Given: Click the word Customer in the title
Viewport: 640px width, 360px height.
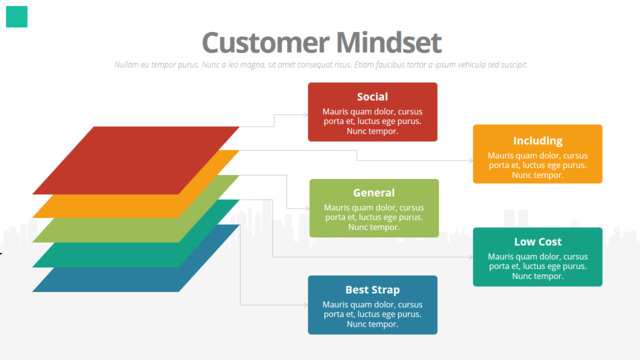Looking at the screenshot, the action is pos(266,42).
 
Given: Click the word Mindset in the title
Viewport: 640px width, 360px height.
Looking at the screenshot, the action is pos(389,42).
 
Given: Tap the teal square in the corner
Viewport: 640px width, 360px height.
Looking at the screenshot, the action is pos(17,17).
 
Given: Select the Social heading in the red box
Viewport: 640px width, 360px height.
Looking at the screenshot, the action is pos(372,97).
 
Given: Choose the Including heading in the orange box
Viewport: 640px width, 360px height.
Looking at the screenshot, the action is pos(538,141).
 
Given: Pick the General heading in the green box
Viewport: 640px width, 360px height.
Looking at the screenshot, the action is pos(374,193).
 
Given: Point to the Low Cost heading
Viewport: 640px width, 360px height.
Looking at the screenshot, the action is pos(538,242).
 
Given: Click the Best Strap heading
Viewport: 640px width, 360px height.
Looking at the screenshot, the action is pos(372,290).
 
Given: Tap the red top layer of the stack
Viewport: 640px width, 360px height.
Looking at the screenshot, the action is pos(136,160).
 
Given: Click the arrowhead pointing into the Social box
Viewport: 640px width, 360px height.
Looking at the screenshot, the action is pos(305,115).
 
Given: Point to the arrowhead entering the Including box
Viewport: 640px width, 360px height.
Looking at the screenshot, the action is pos(470,160).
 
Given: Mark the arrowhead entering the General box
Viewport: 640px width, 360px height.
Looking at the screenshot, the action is pos(307,209).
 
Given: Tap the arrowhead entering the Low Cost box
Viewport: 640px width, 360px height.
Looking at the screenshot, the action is pos(470,257).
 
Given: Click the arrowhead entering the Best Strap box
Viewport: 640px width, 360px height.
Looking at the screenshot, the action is pos(305,305).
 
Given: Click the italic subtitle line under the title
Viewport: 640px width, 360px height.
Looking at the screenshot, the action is pos(321,65).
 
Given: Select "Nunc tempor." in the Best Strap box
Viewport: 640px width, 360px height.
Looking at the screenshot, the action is pos(372,324).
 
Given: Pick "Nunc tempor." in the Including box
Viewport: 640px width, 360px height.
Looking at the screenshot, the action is pos(538,175).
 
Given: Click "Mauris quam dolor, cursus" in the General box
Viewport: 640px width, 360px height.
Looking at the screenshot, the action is pos(374,208).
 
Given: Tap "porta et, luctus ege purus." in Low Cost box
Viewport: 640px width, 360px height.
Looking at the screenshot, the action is pos(538,267).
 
